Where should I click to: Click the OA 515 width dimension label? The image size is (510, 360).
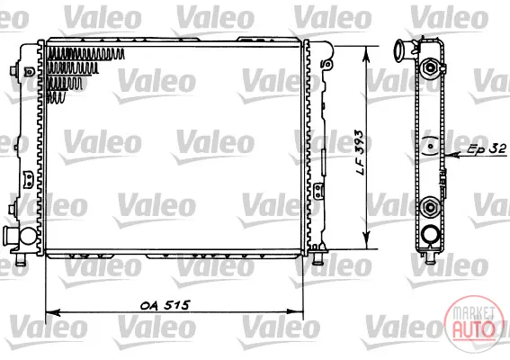click(x=165, y=305)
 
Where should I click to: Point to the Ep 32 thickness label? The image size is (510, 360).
click(x=487, y=148)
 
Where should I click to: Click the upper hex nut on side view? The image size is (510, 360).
click(x=430, y=67)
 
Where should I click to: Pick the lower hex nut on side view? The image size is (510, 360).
click(x=430, y=206)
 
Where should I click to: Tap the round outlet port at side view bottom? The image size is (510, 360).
click(x=430, y=234)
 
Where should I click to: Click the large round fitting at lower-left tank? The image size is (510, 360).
click(x=28, y=236)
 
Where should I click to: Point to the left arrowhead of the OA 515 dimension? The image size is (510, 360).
click(x=53, y=312)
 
